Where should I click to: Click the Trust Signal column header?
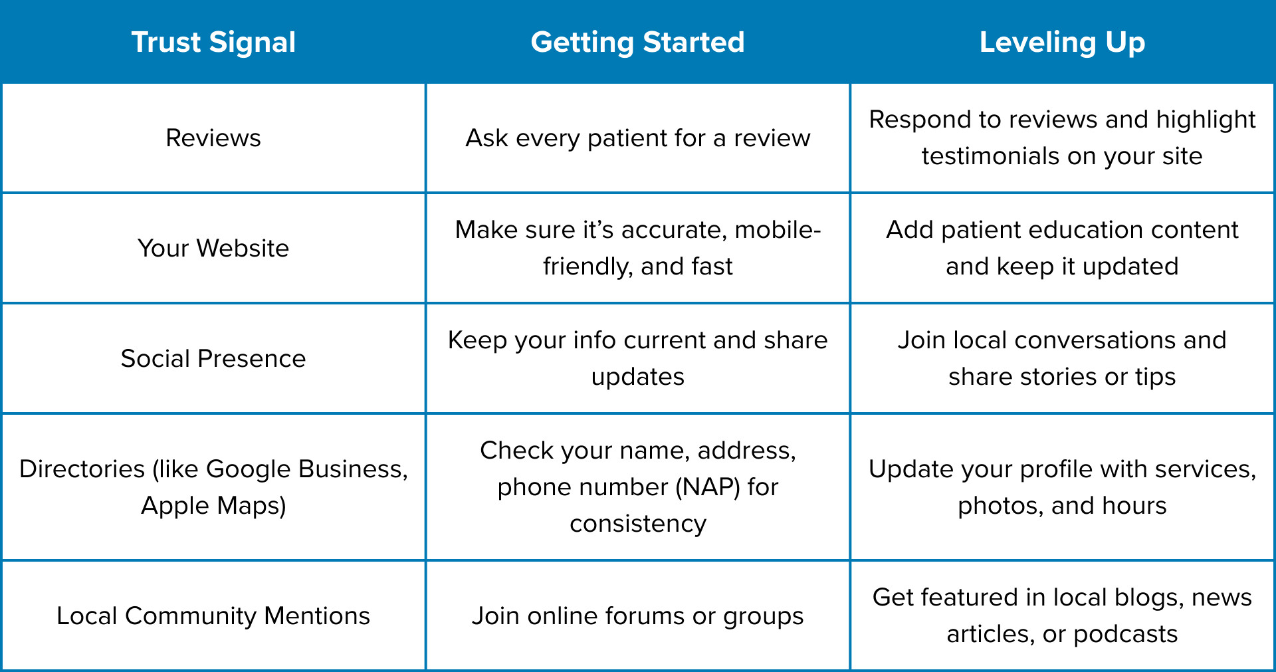click(213, 43)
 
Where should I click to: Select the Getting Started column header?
click(637, 43)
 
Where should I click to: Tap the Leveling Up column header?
click(1062, 43)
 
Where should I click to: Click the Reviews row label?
click(213, 138)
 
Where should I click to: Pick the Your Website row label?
click(213, 249)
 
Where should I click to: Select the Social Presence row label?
click(213, 359)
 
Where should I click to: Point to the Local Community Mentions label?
click(213, 616)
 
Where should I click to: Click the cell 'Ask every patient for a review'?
click(637, 138)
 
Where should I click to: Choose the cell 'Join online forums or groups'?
click(637, 616)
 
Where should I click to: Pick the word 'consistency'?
click(637, 524)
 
